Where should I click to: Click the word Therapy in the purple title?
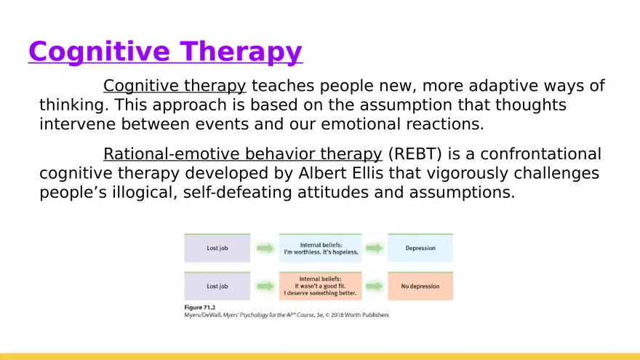(x=241, y=52)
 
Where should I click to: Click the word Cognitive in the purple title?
(x=99, y=52)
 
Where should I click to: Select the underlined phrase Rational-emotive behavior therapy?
(x=242, y=154)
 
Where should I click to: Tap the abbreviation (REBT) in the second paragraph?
(x=415, y=154)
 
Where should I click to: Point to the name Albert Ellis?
(x=341, y=173)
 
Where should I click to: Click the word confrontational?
(x=540, y=154)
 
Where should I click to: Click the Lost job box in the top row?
(x=217, y=248)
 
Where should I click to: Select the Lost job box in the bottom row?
(x=217, y=286)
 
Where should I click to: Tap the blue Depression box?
(x=420, y=248)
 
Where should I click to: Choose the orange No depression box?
(x=420, y=286)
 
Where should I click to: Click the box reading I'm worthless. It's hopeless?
(x=321, y=248)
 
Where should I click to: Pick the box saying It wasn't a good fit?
(x=321, y=286)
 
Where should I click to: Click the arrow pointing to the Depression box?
(x=375, y=248)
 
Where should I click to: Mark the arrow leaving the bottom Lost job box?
(x=265, y=286)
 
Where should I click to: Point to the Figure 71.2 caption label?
(x=199, y=308)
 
